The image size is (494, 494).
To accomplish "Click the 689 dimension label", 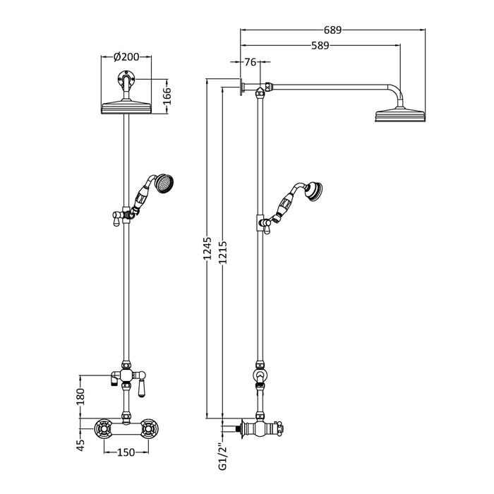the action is click(x=332, y=30).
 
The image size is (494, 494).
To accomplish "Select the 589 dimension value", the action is click(x=320, y=46).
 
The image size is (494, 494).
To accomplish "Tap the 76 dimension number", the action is click(x=251, y=62).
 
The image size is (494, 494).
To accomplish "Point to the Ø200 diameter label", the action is click(x=126, y=56).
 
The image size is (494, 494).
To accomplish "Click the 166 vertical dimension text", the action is click(x=167, y=96).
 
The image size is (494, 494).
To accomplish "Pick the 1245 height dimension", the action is click(x=207, y=248).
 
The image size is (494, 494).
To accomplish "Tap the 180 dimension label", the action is click(x=80, y=397).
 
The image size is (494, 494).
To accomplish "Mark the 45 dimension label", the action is click(x=80, y=445).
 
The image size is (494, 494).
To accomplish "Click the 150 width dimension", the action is click(x=126, y=452).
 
